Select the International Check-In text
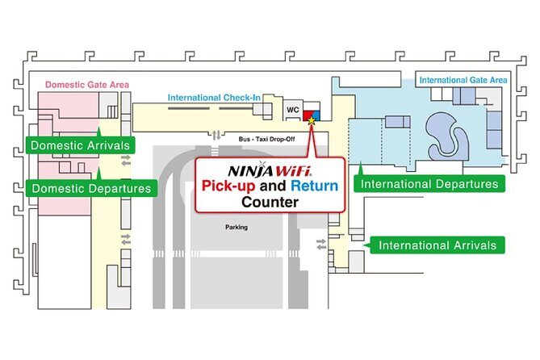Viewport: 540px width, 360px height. click(x=214, y=98)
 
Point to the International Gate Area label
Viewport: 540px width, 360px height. click(x=462, y=80)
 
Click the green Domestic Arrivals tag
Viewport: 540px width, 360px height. click(x=80, y=146)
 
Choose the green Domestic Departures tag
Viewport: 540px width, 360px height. click(x=91, y=189)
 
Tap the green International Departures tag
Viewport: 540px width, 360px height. click(x=429, y=184)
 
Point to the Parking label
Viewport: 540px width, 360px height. click(x=236, y=227)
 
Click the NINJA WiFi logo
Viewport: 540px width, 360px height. click(x=270, y=171)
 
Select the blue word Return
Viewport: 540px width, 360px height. click(x=314, y=186)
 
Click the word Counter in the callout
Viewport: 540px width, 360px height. click(x=270, y=203)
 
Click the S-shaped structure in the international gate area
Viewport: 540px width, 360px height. click(x=446, y=132)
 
